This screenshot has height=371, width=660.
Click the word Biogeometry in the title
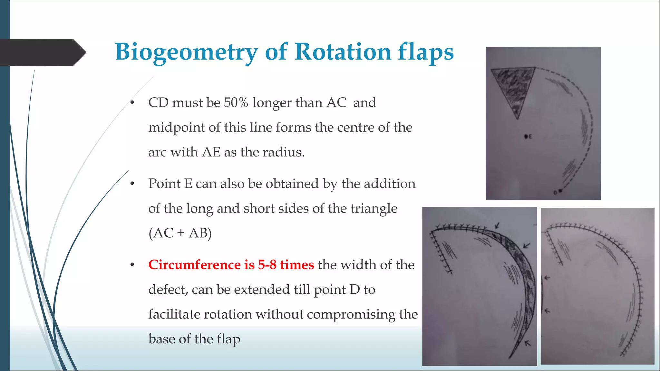pos(186,52)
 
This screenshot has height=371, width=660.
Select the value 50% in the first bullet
pos(236,103)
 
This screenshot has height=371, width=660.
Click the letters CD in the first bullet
pos(158,103)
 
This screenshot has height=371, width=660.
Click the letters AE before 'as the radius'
pos(211,152)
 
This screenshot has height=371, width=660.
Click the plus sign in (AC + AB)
pos(181,233)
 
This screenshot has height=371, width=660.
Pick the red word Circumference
pos(194,265)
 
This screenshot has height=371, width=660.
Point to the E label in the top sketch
pos(530,137)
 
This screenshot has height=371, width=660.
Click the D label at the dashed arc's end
pos(555,193)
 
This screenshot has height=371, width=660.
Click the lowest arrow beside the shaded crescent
pos(527,343)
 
